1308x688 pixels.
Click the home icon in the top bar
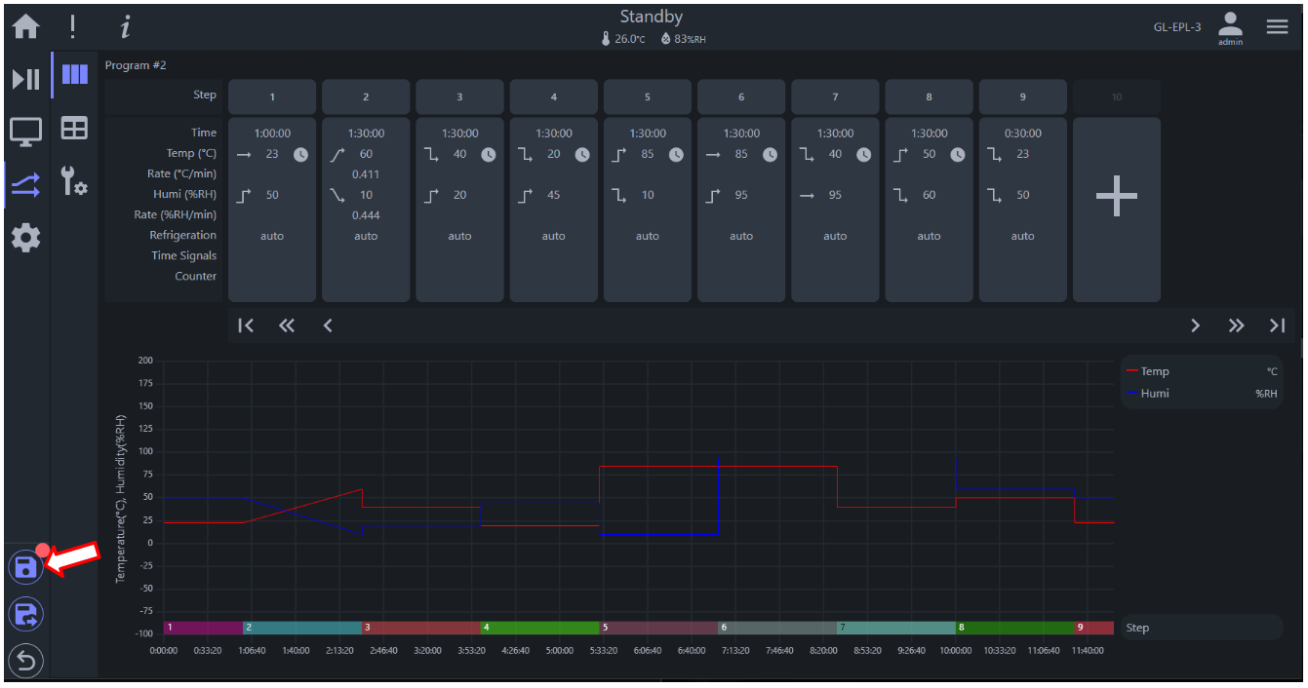pyautogui.click(x=25, y=26)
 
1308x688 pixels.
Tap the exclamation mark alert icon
pyautogui.click(x=72, y=27)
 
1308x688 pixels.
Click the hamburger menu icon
pyautogui.click(x=1277, y=26)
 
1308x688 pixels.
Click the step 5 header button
pyautogui.click(x=647, y=96)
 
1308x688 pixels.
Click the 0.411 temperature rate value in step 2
pyautogui.click(x=366, y=174)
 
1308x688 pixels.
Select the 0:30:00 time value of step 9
pyautogui.click(x=1022, y=134)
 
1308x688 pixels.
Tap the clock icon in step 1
pyautogui.click(x=300, y=155)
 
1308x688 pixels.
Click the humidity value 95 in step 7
pyautogui.click(x=835, y=195)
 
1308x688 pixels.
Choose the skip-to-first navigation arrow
pyautogui.click(x=246, y=325)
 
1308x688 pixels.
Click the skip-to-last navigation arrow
pyautogui.click(x=1277, y=325)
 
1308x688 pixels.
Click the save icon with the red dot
pyautogui.click(x=25, y=566)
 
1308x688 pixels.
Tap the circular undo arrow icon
pyautogui.click(x=25, y=661)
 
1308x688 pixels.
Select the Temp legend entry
pyautogui.click(x=1148, y=371)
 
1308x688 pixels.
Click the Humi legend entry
pyautogui.click(x=1148, y=394)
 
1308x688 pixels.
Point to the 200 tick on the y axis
pyautogui.click(x=145, y=360)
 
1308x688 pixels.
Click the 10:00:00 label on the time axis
pyautogui.click(x=955, y=651)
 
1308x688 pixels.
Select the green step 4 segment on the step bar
pyautogui.click(x=539, y=628)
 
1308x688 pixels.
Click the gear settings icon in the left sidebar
pyautogui.click(x=25, y=238)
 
